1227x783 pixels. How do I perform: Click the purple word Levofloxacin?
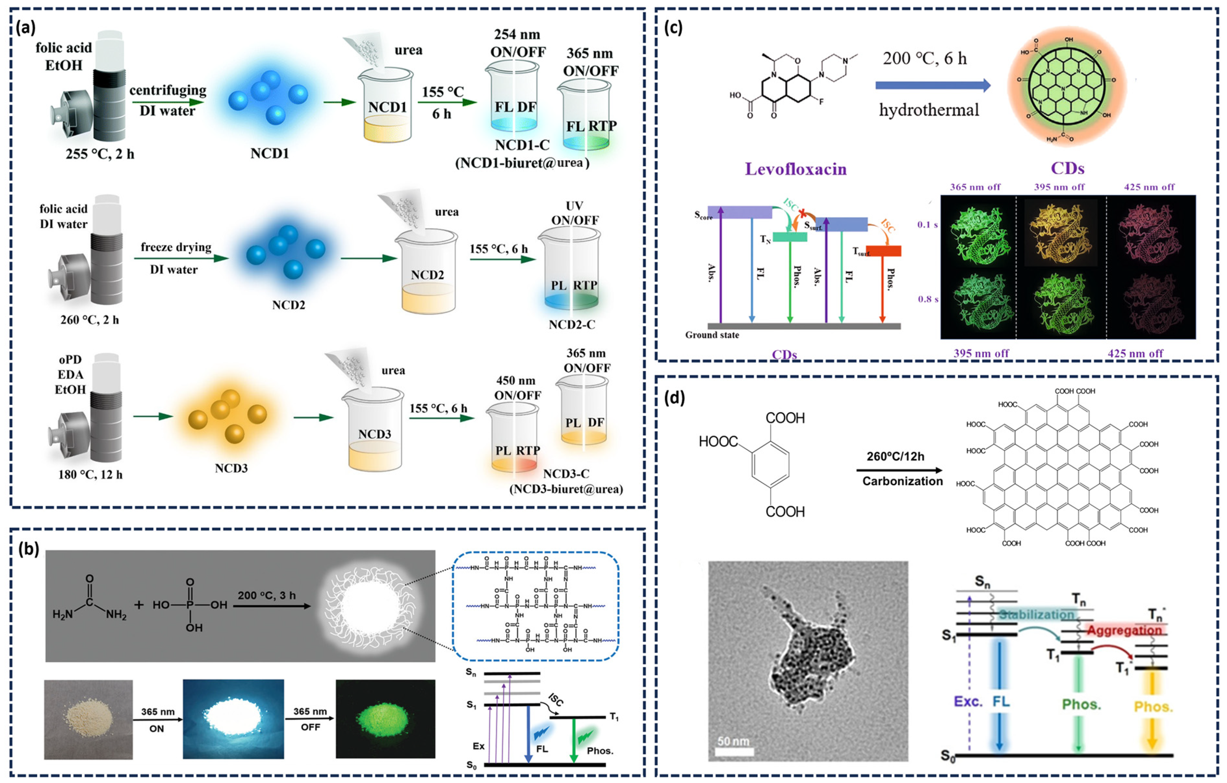point(796,169)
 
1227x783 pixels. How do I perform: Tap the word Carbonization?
point(902,481)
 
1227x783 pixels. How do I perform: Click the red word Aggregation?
point(1125,631)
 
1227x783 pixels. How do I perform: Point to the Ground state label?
point(712,335)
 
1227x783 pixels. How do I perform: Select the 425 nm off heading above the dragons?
point(1149,187)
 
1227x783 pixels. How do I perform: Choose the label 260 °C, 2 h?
point(90,320)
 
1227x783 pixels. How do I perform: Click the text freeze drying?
point(176,247)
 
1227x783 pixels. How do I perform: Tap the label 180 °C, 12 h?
point(90,475)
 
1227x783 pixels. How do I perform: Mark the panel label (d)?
point(675,398)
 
